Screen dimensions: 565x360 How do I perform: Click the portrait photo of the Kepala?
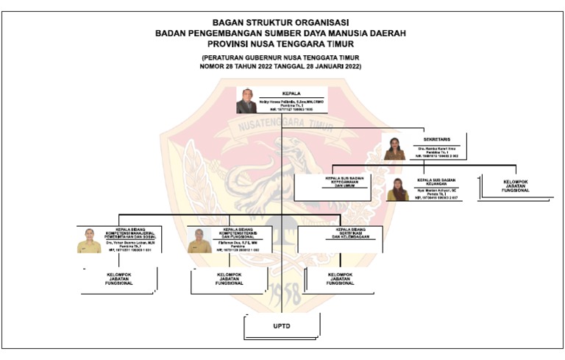(246, 100)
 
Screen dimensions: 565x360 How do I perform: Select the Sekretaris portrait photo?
(394, 147)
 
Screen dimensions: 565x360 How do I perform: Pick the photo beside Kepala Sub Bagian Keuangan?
(398, 189)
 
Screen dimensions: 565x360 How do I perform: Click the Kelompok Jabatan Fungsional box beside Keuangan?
(515, 186)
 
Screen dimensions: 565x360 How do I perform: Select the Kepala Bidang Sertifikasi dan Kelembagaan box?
(338, 234)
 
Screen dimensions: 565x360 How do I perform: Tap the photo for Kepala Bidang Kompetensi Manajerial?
(88, 240)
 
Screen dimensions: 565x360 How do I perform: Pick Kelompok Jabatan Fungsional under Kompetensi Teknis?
(229, 279)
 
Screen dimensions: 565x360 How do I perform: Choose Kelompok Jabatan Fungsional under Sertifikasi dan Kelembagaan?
(338, 279)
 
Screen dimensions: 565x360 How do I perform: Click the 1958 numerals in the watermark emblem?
(282, 295)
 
